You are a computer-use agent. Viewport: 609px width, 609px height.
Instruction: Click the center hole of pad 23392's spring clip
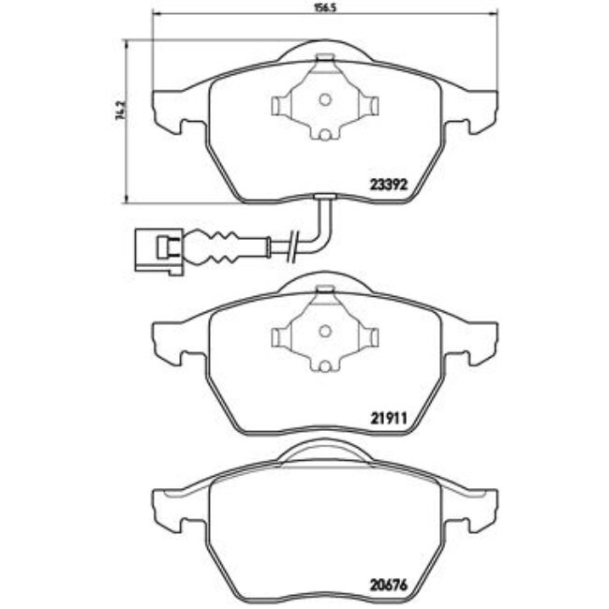click(x=323, y=101)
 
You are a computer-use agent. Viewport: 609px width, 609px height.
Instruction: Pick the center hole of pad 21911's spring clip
click(x=323, y=332)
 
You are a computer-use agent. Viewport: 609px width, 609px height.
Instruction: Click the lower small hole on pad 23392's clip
click(x=323, y=135)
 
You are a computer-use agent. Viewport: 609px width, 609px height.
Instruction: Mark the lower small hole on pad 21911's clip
click(x=323, y=365)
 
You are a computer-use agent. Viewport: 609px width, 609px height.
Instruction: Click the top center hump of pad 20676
click(x=323, y=452)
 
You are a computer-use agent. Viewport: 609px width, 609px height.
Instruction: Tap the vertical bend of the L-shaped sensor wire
click(x=325, y=217)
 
